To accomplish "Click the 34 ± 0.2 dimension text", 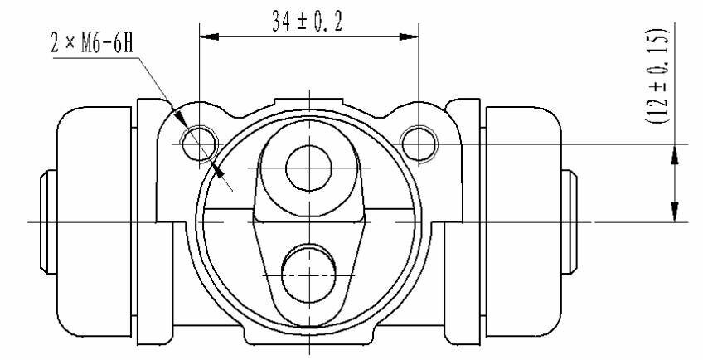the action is point(307,22).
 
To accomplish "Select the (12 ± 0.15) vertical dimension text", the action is point(657,76).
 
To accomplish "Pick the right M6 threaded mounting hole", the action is point(419,144).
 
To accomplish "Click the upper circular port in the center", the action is point(308,168).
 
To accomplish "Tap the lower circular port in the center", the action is point(309,275).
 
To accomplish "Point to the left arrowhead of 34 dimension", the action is point(209,36).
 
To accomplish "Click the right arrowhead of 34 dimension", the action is point(409,36).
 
